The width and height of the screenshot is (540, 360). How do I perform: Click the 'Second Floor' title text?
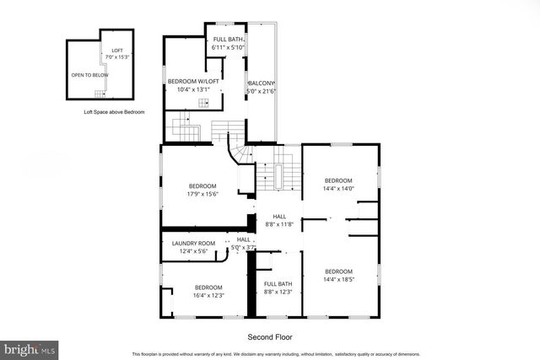point(269,337)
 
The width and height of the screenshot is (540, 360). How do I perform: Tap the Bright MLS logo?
point(30,347)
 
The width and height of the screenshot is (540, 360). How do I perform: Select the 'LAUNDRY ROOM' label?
point(194,244)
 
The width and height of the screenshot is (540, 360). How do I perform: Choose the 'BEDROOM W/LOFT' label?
point(194,81)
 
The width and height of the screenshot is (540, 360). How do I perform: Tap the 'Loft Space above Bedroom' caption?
point(113,112)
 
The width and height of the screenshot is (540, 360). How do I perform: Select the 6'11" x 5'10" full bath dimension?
point(228,48)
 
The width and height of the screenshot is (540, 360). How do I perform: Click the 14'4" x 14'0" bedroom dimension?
point(338,189)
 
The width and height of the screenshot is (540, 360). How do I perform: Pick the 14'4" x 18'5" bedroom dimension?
point(338,280)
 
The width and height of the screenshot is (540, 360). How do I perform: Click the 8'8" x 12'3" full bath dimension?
point(278,292)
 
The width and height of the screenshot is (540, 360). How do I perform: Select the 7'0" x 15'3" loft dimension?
point(117,56)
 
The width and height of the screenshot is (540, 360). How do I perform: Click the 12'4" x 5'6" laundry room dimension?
point(194,251)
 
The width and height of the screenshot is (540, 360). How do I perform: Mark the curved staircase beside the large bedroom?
point(240,154)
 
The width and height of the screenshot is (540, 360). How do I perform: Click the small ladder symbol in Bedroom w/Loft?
point(202,103)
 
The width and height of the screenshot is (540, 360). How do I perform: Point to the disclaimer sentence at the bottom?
point(275,354)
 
